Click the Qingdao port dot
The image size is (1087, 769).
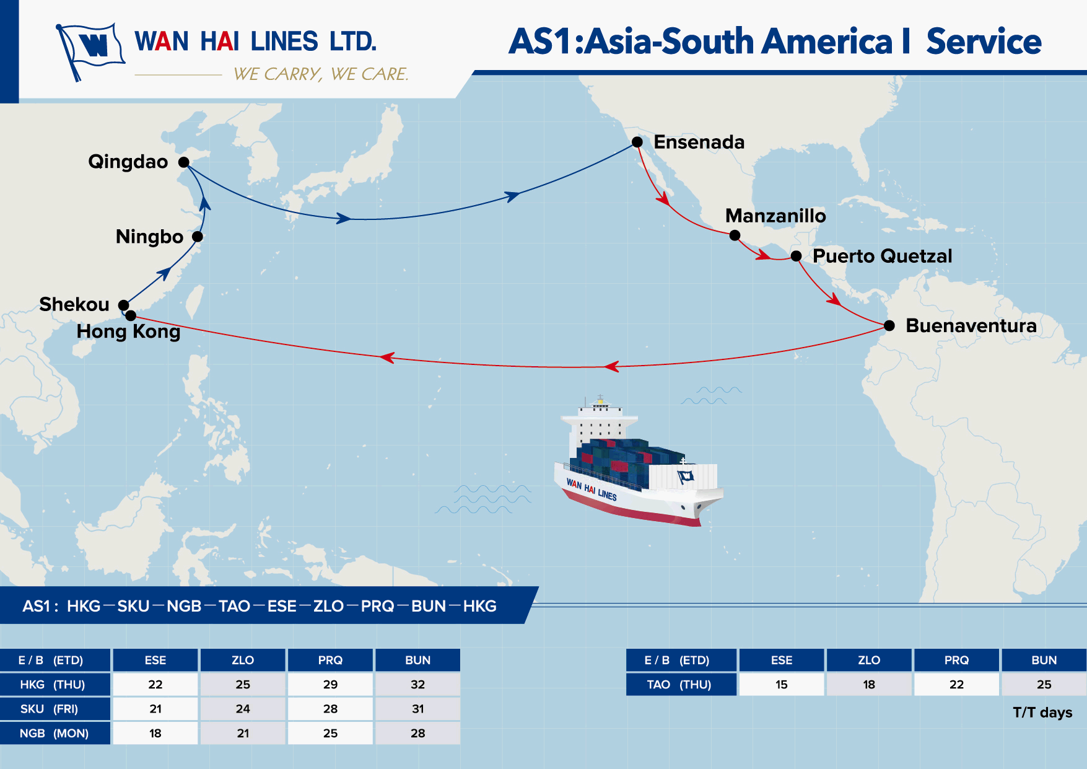(x=183, y=162)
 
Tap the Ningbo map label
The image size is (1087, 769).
(x=149, y=237)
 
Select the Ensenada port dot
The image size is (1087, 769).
(x=637, y=142)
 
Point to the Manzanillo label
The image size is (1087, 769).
(x=775, y=216)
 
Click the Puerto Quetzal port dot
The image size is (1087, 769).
(x=796, y=256)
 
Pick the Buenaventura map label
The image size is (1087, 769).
(x=971, y=325)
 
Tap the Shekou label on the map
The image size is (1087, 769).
(x=74, y=304)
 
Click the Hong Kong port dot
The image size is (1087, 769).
(x=131, y=315)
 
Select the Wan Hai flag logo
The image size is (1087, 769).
(x=90, y=50)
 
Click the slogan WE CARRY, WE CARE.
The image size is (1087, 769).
(x=321, y=74)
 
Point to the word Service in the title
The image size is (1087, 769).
(x=984, y=42)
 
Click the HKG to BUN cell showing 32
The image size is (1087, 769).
(x=417, y=685)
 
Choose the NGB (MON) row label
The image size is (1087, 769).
(x=55, y=733)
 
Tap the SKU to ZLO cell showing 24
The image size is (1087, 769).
(x=243, y=709)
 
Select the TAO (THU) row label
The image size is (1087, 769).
(x=680, y=685)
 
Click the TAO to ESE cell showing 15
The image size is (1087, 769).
(x=781, y=685)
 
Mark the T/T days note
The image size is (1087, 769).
(x=1042, y=713)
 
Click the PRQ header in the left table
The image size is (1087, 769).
(x=330, y=661)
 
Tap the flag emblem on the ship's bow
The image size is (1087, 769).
(x=686, y=477)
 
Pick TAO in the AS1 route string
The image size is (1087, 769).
(x=234, y=606)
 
